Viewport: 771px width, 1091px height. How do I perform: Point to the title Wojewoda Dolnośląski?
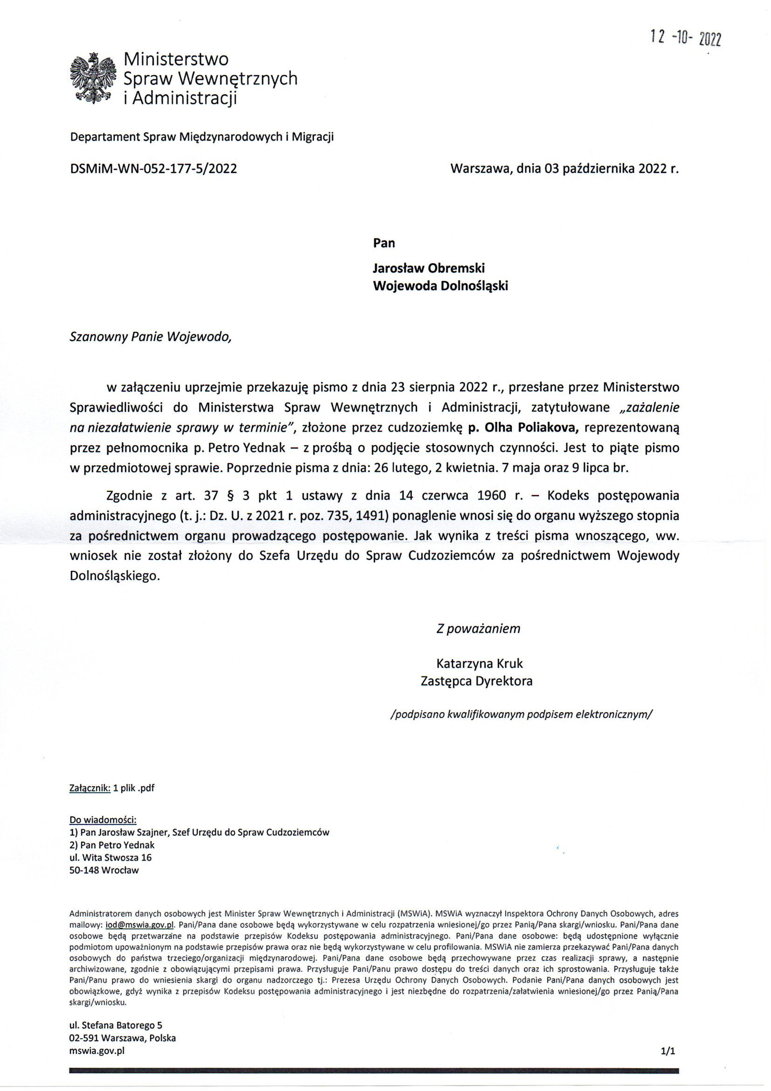click(440, 286)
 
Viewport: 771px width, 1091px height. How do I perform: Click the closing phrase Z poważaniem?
click(478, 629)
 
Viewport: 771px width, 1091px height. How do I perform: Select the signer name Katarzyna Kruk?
click(479, 663)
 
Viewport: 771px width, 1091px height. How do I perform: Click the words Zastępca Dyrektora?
click(476, 681)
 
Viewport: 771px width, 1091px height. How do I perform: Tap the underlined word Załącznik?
click(89, 788)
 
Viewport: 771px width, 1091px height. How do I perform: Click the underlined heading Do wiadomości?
click(103, 820)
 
